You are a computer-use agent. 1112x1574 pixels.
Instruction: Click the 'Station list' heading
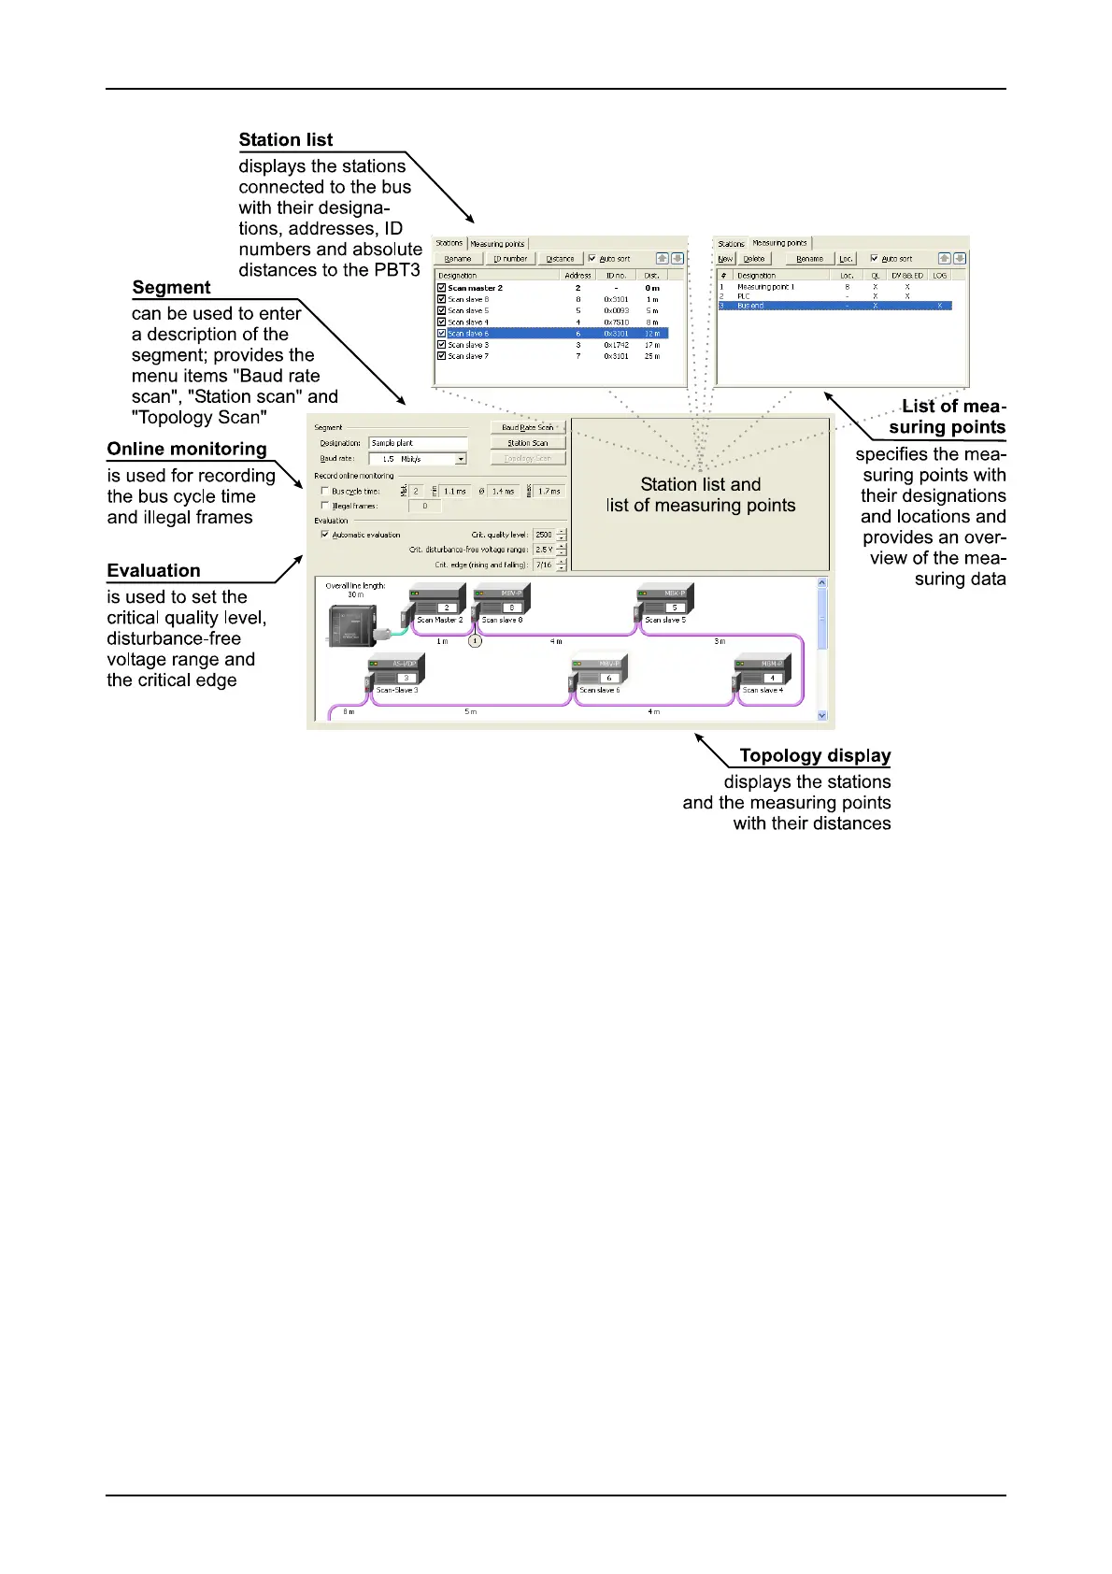coord(285,140)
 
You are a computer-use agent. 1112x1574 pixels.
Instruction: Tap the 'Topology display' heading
coord(815,756)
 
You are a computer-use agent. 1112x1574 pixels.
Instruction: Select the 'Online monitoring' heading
coord(187,450)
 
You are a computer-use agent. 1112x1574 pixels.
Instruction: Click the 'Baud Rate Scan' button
coord(528,427)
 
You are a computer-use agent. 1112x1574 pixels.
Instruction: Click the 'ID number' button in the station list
coord(510,259)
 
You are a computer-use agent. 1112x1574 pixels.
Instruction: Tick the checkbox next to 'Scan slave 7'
coord(442,356)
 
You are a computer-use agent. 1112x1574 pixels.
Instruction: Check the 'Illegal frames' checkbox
coord(325,506)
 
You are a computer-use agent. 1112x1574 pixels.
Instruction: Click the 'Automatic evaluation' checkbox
coord(325,535)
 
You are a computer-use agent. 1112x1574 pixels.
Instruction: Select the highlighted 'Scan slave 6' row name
coord(468,334)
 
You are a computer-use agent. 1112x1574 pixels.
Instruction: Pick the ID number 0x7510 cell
coord(616,322)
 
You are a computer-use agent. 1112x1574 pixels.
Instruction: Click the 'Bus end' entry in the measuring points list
coord(750,306)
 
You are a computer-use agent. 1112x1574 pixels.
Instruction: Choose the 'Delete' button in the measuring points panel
coord(754,259)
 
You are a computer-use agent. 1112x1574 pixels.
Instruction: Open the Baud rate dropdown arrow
coord(461,459)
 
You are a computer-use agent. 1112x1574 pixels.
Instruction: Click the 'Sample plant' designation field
coord(418,443)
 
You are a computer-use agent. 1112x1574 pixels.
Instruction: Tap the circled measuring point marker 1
coord(475,641)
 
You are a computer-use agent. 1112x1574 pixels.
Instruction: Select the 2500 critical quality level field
coord(544,535)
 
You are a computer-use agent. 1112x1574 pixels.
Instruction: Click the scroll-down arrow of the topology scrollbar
coord(822,716)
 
